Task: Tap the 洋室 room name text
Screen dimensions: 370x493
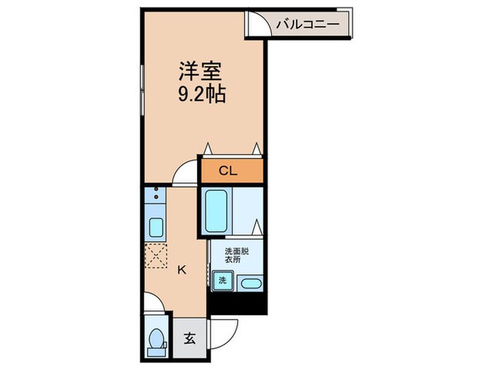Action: pyautogui.click(x=200, y=72)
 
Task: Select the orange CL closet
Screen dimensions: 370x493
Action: pyautogui.click(x=232, y=171)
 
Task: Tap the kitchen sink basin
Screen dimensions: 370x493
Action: pyautogui.click(x=156, y=228)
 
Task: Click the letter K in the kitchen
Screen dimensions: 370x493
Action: pyautogui.click(x=181, y=268)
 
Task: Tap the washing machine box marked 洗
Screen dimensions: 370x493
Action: pyautogui.click(x=222, y=281)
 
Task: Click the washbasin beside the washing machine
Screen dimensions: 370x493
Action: pyautogui.click(x=249, y=283)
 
